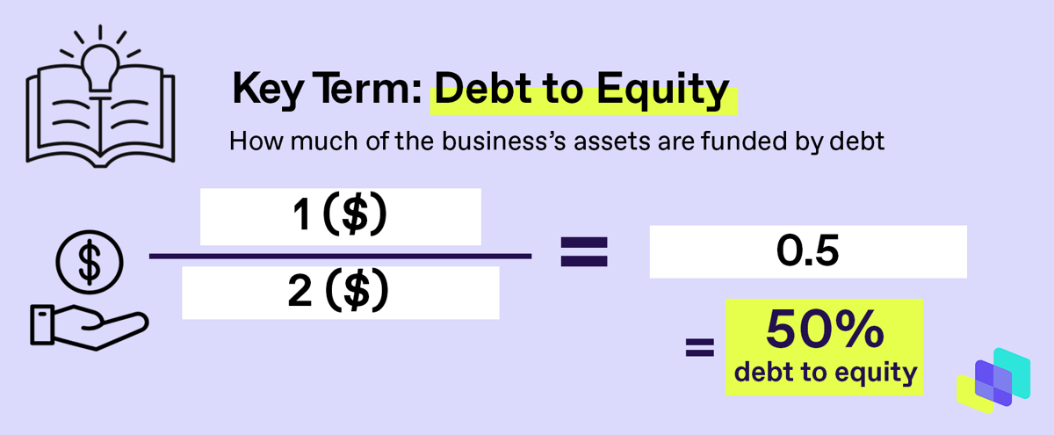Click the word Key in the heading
(267, 90)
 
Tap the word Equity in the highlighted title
(663, 90)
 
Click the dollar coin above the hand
(90, 262)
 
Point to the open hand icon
(90, 327)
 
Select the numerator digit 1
(301, 214)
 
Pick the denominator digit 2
(300, 290)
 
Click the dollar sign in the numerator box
(354, 214)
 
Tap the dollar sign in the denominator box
(357, 291)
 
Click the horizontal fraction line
(340, 256)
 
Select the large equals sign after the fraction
(584, 252)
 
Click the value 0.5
(807, 251)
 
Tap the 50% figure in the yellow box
(825, 330)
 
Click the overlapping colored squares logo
(993, 381)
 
